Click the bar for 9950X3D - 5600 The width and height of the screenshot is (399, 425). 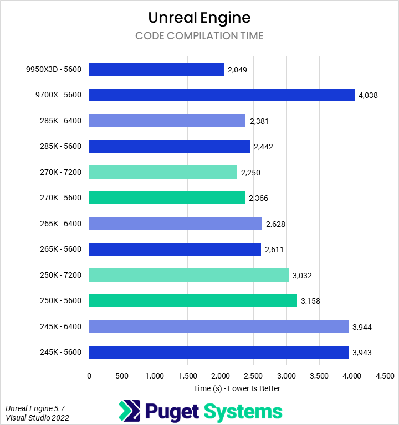click(156, 69)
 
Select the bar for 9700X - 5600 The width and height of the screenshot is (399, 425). click(222, 95)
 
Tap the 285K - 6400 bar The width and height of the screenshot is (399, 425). click(167, 121)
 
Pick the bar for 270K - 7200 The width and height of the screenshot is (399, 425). click(163, 172)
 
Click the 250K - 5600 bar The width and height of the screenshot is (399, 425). click(193, 301)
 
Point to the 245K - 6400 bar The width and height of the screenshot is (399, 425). click(218, 326)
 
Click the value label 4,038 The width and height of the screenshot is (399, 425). click(368, 95)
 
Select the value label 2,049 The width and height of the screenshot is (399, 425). click(237, 70)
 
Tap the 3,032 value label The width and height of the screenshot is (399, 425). click(302, 276)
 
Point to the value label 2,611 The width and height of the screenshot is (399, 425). click(274, 250)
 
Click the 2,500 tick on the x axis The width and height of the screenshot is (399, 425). click(253, 376)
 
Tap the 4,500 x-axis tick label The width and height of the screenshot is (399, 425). click(385, 376)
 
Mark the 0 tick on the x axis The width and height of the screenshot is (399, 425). click(89, 376)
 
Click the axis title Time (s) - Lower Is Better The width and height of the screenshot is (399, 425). click(237, 388)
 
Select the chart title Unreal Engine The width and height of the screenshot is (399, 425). click(199, 18)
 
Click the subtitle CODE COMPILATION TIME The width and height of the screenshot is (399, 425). click(199, 36)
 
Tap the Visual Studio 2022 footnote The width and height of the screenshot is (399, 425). click(37, 418)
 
